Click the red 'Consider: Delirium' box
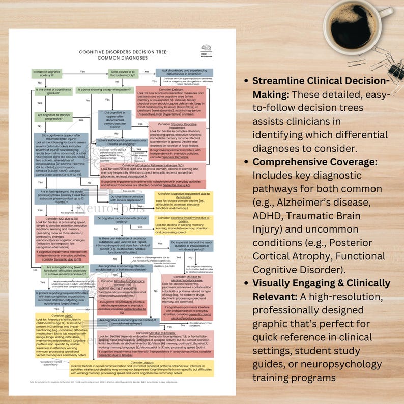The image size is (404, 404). [x=170, y=102]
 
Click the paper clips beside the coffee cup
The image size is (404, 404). [x=382, y=59]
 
